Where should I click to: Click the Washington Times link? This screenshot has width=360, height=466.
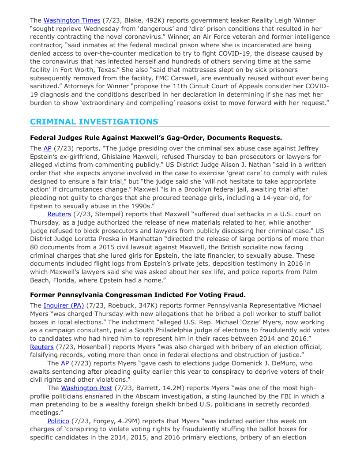click(x=72, y=20)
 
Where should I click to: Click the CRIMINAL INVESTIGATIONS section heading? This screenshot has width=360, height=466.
click(x=94, y=122)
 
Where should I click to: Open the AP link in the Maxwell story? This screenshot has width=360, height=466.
click(x=47, y=148)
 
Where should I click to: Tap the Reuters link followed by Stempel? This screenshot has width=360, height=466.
click(x=59, y=214)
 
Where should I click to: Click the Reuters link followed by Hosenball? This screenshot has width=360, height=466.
click(x=42, y=347)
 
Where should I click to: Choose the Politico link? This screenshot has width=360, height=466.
click(x=58, y=421)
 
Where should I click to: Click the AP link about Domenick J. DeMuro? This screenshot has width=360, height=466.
click(x=65, y=363)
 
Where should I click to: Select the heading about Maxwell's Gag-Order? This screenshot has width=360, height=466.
click(x=156, y=138)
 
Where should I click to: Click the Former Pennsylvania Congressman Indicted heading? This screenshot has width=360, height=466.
click(x=138, y=295)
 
